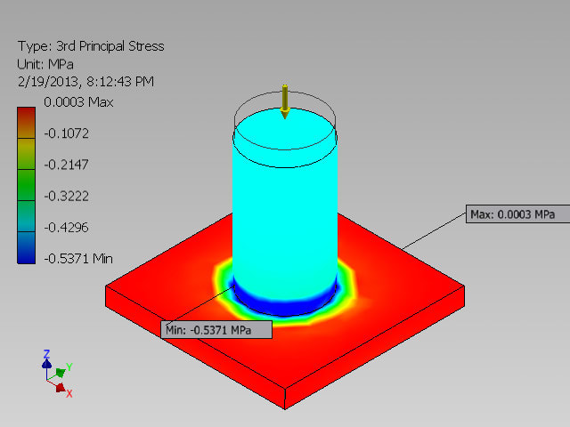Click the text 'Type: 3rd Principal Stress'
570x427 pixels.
point(90,46)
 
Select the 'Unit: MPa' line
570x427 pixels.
point(45,64)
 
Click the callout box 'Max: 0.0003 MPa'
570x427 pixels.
point(511,214)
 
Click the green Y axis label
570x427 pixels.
point(69,366)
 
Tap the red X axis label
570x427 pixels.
point(69,393)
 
